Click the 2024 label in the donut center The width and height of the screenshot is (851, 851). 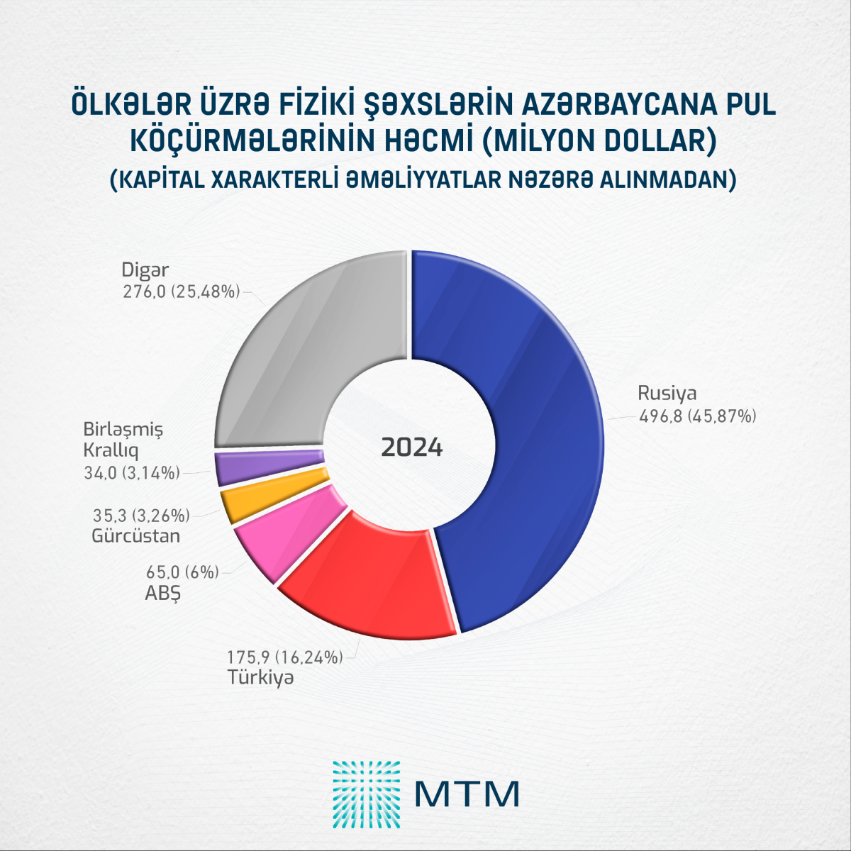(412, 448)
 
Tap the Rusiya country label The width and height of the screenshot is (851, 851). (667, 394)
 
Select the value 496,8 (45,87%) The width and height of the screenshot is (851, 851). (698, 416)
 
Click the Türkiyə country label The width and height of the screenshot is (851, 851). (260, 677)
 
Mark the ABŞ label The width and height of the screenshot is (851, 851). (163, 592)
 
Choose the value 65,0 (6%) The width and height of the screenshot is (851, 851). (182, 572)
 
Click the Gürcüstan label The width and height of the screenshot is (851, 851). (135, 535)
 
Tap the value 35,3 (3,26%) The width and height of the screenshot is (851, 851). (141, 515)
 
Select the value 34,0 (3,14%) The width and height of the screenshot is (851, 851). (132, 472)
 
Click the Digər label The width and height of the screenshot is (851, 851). (145, 270)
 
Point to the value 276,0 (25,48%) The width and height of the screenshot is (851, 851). (182, 291)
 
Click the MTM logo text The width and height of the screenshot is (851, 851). (467, 794)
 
